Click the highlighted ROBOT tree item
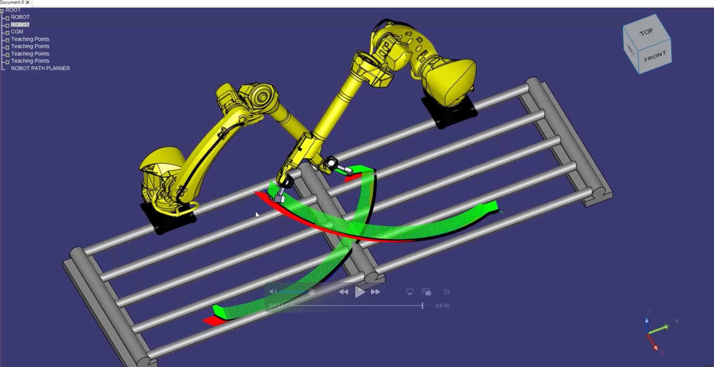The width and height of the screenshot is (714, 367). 20,25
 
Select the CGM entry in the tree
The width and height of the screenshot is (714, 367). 17,32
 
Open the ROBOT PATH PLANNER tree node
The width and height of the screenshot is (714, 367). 40,68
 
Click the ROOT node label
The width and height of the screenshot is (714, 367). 13,10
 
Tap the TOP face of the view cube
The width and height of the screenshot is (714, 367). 646,32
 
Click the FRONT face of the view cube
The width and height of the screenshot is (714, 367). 654,57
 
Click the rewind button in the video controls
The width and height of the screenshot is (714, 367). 343,292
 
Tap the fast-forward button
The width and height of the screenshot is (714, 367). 375,292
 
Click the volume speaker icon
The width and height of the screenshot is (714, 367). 273,292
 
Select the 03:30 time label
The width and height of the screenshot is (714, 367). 442,306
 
